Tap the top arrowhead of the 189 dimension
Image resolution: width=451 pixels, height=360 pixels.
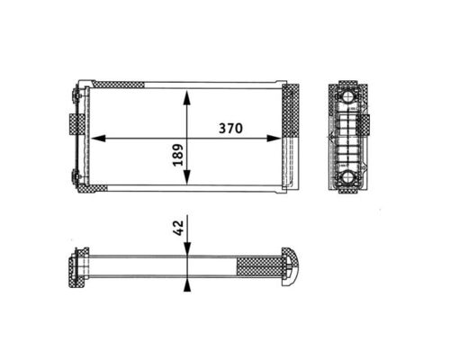pos(186,95)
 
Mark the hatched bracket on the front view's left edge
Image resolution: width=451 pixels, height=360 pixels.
pos(73,123)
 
